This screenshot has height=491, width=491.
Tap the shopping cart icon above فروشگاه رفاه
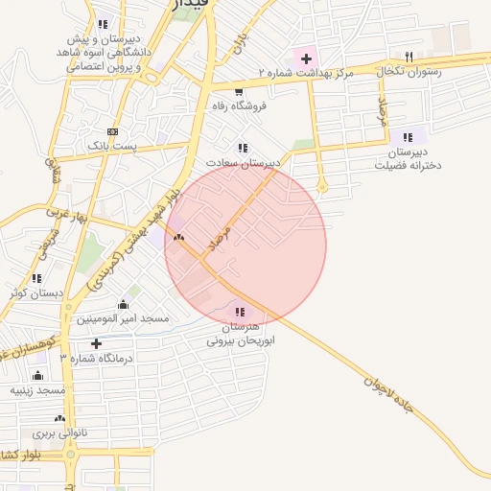pos(238,92)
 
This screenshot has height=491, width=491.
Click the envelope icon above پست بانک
pos(113,130)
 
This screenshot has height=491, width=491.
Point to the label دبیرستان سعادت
pos(246,162)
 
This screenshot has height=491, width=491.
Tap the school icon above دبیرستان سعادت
pos(243,148)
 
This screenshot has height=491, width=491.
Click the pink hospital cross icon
pos(306,58)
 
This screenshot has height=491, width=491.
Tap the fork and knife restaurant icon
pos(409,57)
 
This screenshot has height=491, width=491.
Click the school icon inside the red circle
pos(239,312)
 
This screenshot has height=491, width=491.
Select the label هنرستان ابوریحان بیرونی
pos(241,334)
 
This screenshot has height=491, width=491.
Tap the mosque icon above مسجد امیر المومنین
pos(123,304)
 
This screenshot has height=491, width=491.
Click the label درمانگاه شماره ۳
pos(96,358)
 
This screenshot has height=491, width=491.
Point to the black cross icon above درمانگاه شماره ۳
pos(96,343)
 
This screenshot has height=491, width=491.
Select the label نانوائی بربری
pos(59,433)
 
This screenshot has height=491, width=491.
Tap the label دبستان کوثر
pos(36,293)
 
